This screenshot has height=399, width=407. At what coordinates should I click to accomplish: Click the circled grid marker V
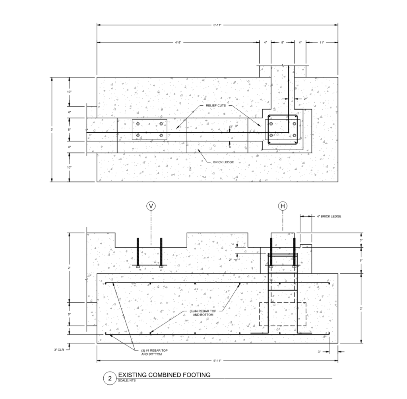(x=151, y=206)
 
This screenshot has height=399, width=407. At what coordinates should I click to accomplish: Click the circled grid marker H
(x=283, y=206)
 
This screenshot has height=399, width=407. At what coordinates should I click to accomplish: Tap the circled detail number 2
(x=110, y=378)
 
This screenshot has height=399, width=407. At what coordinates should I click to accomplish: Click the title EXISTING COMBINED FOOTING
(x=164, y=375)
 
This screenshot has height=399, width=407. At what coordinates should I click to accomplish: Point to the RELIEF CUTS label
(x=216, y=106)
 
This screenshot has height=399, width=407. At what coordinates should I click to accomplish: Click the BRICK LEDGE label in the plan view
(x=223, y=162)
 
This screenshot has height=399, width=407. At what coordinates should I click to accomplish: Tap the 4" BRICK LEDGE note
(x=329, y=216)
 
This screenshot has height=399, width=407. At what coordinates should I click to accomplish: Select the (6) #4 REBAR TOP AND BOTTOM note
(x=203, y=313)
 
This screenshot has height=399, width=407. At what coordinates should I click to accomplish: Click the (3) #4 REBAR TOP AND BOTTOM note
(x=154, y=352)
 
